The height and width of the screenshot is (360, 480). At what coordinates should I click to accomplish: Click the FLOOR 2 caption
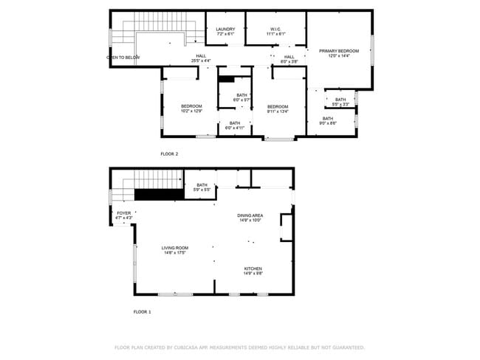pos(169,153)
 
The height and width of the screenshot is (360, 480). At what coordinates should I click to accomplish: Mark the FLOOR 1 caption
pos(142,312)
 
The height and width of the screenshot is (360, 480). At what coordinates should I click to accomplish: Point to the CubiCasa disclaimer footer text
pos(239,347)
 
